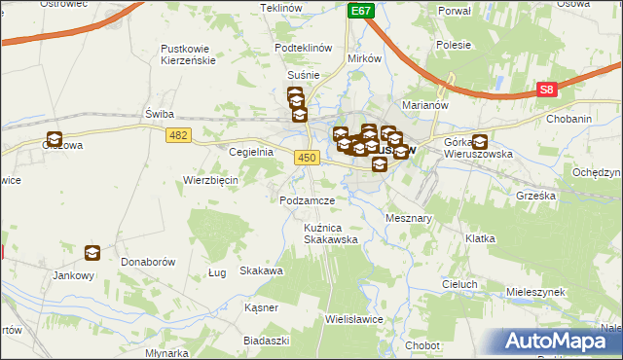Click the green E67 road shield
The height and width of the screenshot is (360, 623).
click(x=361, y=11)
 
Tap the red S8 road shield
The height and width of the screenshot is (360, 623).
click(x=548, y=90)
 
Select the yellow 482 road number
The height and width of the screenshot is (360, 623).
click(x=177, y=134)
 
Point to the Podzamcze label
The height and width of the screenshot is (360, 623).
click(x=307, y=199)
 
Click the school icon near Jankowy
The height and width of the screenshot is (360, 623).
click(x=92, y=253)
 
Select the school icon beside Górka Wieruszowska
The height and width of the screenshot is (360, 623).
click(x=479, y=141)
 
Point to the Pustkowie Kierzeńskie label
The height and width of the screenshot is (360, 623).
click(x=193, y=54)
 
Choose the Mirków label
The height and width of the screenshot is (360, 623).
click(x=364, y=57)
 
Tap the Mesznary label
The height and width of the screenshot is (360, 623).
click(x=409, y=219)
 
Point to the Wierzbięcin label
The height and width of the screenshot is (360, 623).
click(x=211, y=180)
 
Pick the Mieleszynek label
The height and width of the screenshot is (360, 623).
click(x=536, y=291)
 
